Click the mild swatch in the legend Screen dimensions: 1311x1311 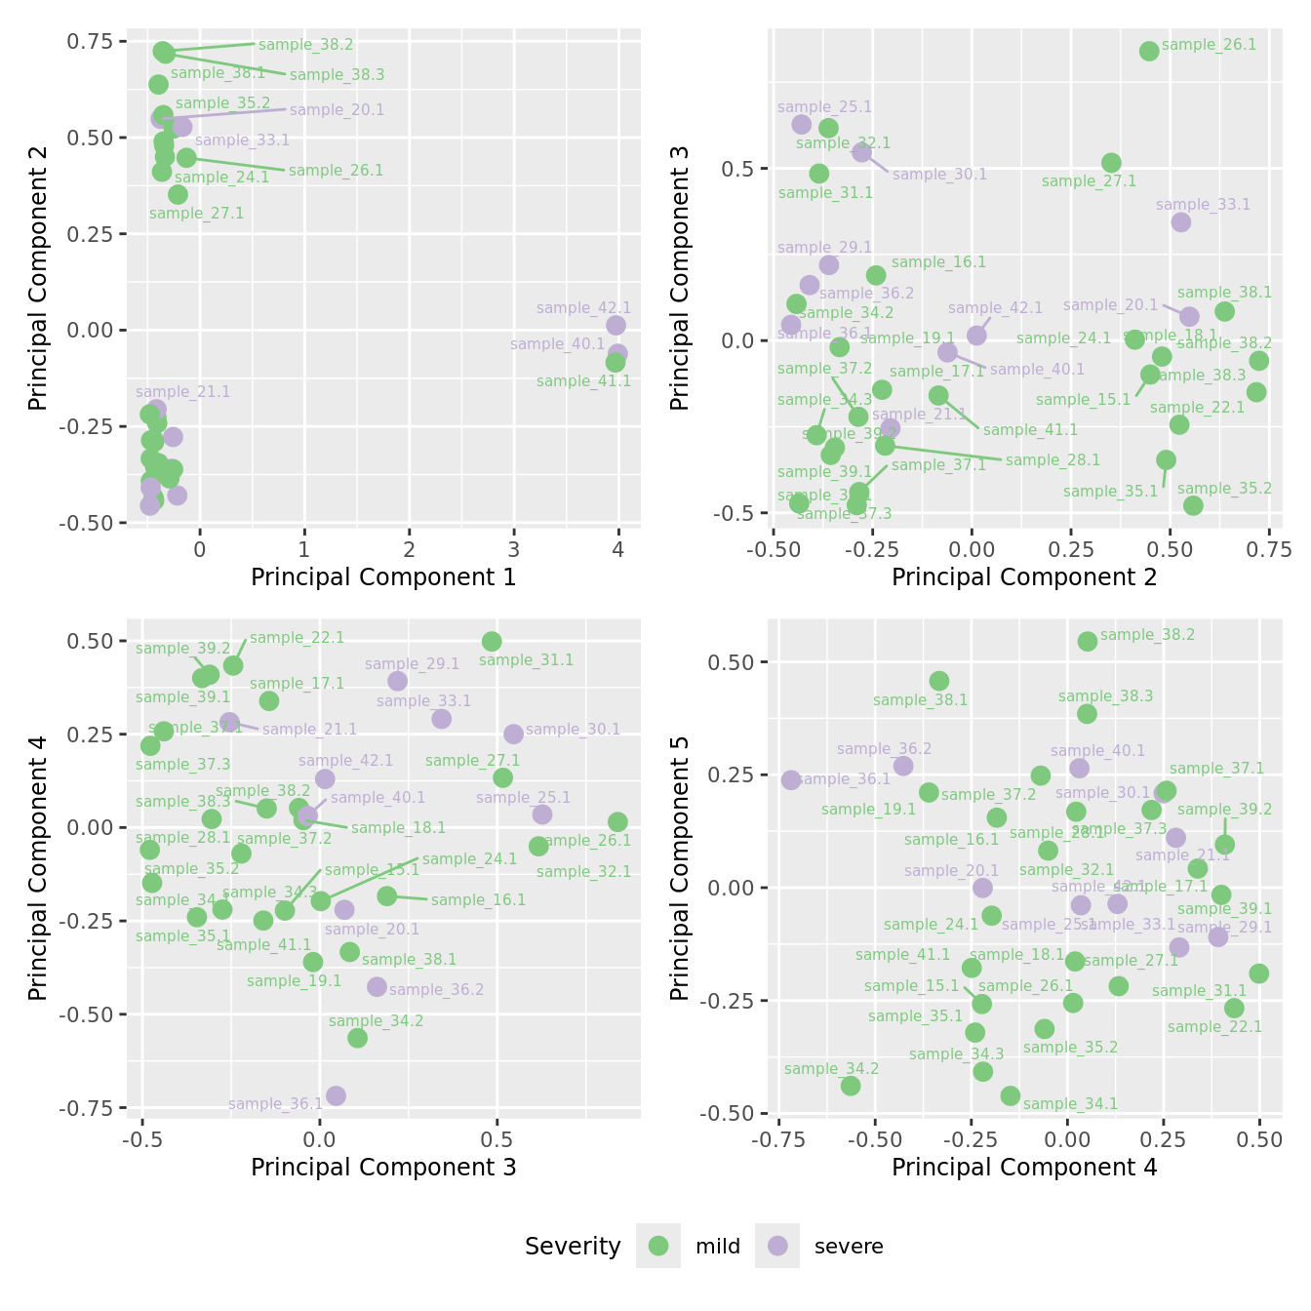[658, 1246]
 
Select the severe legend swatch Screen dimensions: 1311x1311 [777, 1246]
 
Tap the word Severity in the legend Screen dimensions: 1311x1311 [573, 1247]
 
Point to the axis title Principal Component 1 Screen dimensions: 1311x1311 [383, 577]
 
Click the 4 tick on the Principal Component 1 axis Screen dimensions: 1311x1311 [618, 549]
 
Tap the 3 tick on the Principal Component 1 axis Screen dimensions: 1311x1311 [514, 549]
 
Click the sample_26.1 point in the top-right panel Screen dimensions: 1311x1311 [1149, 51]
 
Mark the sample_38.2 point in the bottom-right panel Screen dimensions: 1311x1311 [1088, 641]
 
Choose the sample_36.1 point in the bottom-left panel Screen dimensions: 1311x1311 [336, 1095]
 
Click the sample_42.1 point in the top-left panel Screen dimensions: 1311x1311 [616, 325]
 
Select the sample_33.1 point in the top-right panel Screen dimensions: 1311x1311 [1181, 222]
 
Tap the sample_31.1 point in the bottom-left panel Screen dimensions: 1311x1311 [492, 641]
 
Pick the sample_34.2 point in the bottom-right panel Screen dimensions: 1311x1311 [851, 1086]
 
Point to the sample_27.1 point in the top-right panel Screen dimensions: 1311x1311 [1111, 163]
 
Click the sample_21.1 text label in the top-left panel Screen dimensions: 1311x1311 [183, 392]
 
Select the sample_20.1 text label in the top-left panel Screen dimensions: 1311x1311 [337, 110]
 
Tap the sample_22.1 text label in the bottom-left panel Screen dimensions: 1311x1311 [297, 638]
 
